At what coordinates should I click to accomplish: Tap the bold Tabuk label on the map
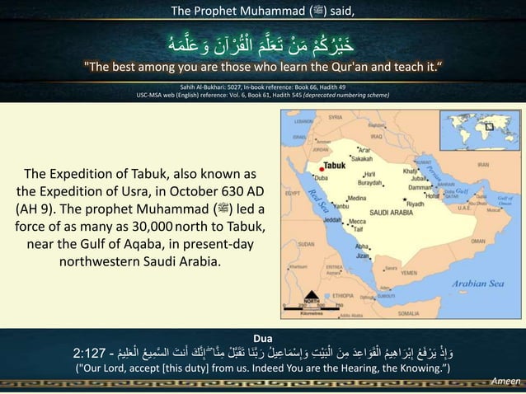click(329, 166)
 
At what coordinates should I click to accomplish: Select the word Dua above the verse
click(264, 337)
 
